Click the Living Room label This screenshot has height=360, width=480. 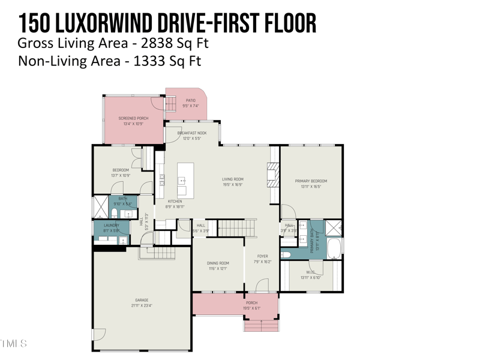[233, 179]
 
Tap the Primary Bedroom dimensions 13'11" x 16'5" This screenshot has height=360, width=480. [311, 187]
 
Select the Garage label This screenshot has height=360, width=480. [142, 300]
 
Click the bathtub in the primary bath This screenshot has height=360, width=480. [334, 247]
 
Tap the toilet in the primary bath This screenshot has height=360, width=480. [286, 254]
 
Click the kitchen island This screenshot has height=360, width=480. [185, 179]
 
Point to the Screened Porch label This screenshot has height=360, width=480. [133, 118]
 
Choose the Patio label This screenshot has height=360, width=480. [190, 100]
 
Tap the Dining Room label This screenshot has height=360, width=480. [218, 263]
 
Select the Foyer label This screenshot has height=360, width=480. [263, 256]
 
